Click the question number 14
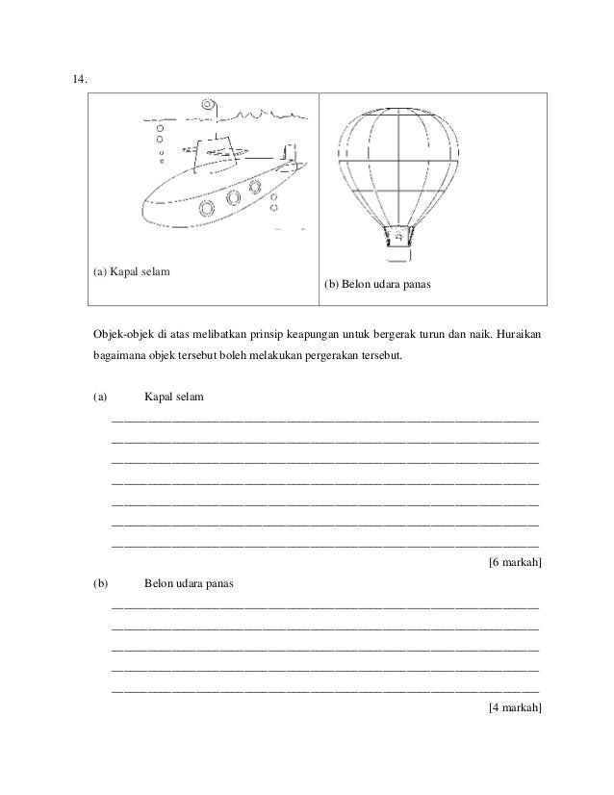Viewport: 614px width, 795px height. click(79, 79)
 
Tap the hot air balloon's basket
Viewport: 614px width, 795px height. click(397, 234)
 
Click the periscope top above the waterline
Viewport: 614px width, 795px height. click(208, 105)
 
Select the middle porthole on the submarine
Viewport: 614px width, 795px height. click(234, 199)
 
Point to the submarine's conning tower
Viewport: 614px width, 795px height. click(216, 155)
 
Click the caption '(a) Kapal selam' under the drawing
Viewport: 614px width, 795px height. click(132, 271)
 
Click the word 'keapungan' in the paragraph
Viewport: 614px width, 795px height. click(330, 334)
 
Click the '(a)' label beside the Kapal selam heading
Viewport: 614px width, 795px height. click(100, 397)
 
